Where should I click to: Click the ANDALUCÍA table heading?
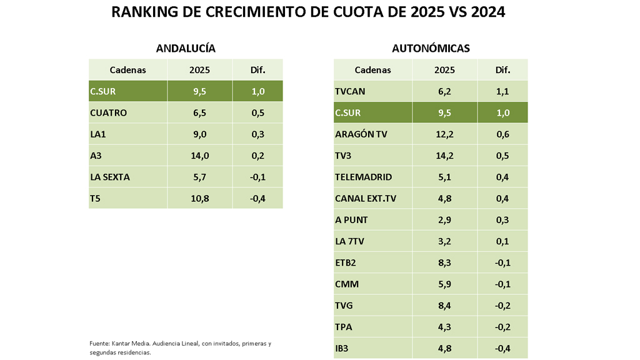coord(185,48)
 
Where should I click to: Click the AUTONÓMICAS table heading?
coord(431,48)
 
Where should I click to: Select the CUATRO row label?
coord(108,113)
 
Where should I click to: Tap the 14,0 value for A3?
coord(199,156)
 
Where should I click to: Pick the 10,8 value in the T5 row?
coord(199,198)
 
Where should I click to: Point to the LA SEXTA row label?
coord(110,177)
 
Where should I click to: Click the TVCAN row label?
coord(350,92)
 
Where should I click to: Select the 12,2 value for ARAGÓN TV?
coord(444,134)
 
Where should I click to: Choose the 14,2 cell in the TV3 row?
coord(444,156)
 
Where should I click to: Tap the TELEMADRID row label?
coord(364,177)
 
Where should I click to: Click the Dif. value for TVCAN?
coord(502,92)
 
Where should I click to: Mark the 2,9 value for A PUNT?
coord(444,219)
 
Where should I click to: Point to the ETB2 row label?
coord(346,262)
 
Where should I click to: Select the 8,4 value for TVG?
coord(444,305)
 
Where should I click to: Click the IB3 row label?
coord(343,347)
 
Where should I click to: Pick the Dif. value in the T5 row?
coord(257,198)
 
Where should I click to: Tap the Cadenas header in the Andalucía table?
coord(127,70)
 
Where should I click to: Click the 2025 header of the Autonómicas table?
coord(444,70)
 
